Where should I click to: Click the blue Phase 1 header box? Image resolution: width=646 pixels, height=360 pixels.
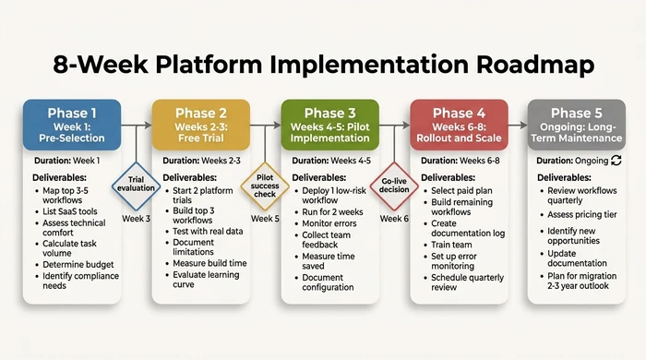click(71, 125)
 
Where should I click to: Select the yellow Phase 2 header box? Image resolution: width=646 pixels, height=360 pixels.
click(201, 125)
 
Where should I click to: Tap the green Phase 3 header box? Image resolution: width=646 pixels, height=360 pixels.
click(330, 125)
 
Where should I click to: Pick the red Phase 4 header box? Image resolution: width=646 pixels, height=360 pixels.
click(459, 125)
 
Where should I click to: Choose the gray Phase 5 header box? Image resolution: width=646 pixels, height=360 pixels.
click(587, 125)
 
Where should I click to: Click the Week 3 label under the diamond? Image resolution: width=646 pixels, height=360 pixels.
click(136, 219)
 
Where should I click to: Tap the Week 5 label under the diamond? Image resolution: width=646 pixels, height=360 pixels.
click(265, 219)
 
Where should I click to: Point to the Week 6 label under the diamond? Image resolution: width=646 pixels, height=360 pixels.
click(394, 219)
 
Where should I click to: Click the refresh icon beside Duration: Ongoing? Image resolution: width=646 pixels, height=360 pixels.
click(616, 160)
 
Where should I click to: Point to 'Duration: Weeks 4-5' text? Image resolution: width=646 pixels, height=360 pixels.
click(331, 161)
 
